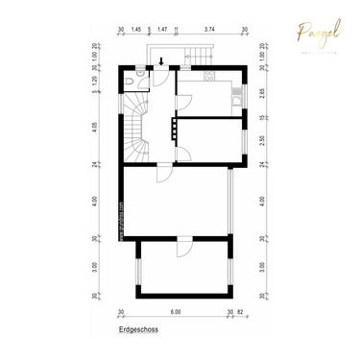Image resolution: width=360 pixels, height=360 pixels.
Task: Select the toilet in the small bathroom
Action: coord(141,73)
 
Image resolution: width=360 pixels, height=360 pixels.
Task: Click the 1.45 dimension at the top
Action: coord(136,30)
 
